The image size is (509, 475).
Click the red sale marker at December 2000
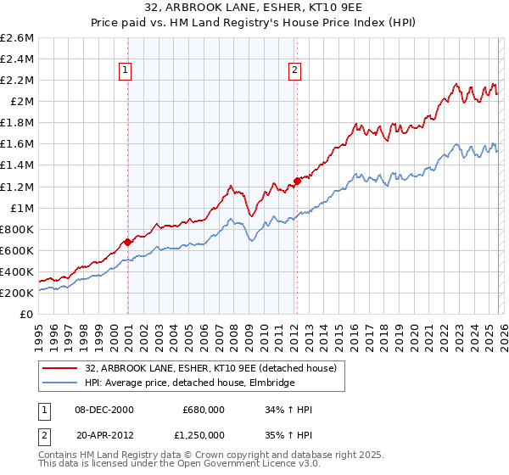point(127,242)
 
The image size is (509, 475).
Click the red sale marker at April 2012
point(297,180)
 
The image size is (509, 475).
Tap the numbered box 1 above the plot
point(125,71)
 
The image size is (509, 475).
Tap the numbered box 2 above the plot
point(294,71)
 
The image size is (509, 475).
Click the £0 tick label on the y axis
point(28,314)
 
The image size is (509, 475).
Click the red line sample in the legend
point(60,368)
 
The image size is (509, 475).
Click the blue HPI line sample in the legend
point(60,383)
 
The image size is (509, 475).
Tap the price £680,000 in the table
point(203,410)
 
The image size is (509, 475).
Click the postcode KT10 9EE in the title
point(325,9)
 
